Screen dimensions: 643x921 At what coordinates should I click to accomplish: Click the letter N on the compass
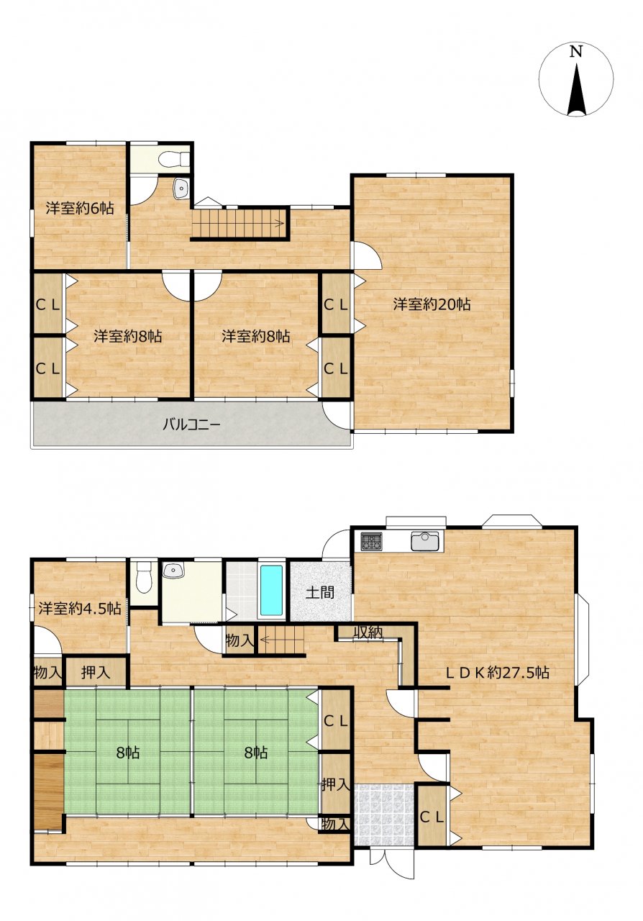(x=576, y=52)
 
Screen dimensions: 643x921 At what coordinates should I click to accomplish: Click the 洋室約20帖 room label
(x=432, y=304)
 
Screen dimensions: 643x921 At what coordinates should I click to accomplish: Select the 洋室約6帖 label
(x=80, y=208)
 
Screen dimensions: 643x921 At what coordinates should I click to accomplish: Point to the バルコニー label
(x=191, y=425)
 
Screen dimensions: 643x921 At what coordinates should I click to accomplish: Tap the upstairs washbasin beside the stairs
(x=181, y=189)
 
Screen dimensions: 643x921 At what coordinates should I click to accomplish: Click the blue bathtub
(x=271, y=591)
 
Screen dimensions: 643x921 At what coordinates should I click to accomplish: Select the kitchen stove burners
(x=371, y=541)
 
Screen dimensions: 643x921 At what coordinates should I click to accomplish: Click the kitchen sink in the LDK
(x=425, y=540)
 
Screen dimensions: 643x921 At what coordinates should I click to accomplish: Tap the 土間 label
(x=320, y=592)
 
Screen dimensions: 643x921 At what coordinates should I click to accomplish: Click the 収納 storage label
(x=368, y=632)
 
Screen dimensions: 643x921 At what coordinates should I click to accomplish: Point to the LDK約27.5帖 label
(x=498, y=673)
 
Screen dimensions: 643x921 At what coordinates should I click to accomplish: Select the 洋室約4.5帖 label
(x=80, y=608)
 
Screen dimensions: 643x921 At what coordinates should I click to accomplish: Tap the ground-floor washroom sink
(x=173, y=571)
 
